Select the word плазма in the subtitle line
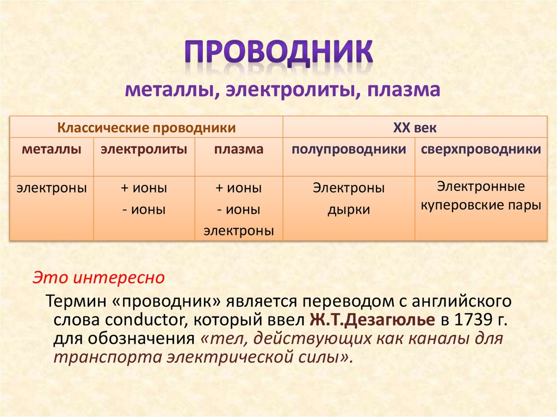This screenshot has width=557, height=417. pyautogui.click(x=404, y=90)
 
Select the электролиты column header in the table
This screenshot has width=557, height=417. pyautogui.click(x=144, y=149)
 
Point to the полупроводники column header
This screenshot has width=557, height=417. pyautogui.click(x=349, y=149)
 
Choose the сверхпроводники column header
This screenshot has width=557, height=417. pyautogui.click(x=481, y=149)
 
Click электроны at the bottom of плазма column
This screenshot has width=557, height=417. pyautogui.click(x=239, y=231)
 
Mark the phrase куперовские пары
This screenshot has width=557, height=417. pyautogui.click(x=481, y=206)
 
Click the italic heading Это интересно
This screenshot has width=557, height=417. pyautogui.click(x=98, y=278)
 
